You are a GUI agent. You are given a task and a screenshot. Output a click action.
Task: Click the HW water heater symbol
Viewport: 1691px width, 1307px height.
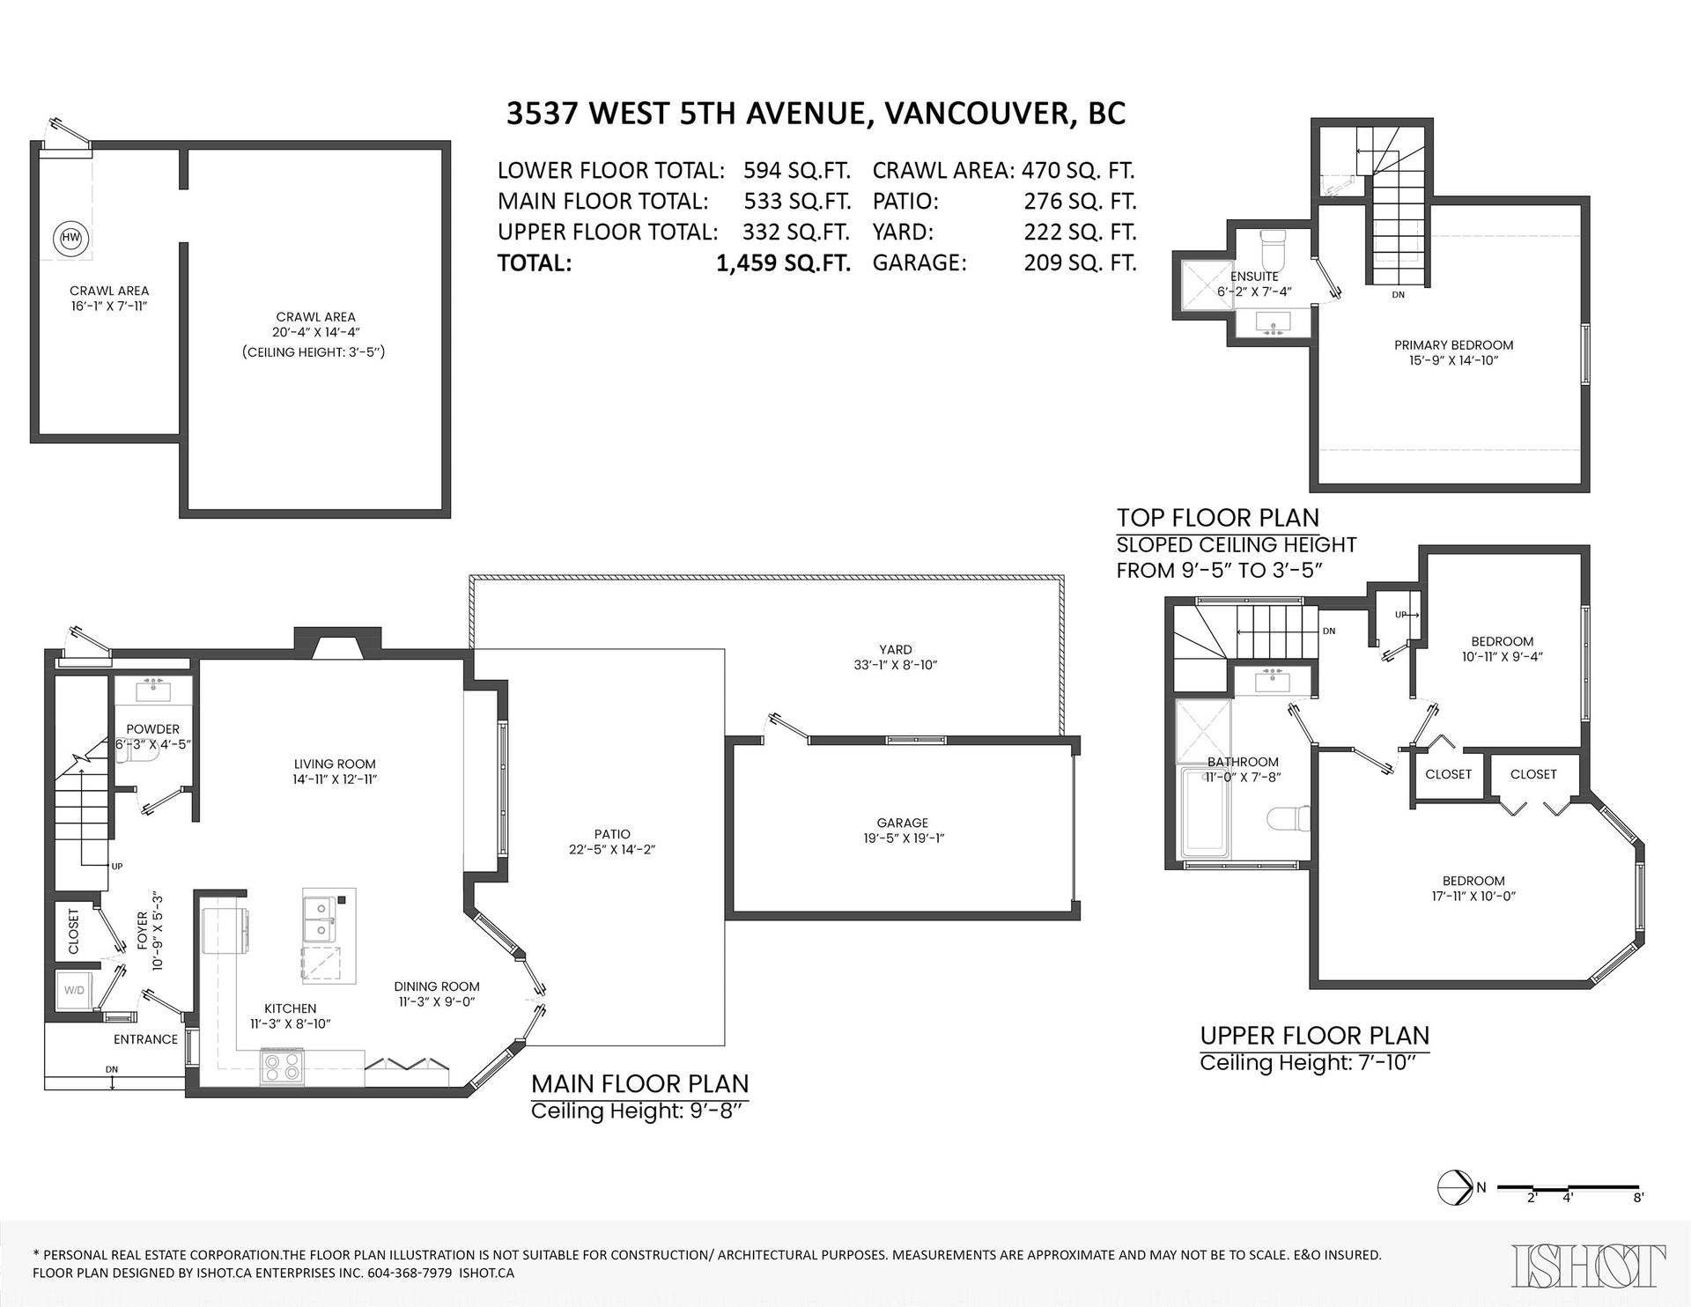70,237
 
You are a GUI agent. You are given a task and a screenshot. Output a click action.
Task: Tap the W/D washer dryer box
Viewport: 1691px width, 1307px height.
75,990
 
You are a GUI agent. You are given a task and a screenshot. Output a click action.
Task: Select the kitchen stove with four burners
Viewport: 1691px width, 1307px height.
282,1067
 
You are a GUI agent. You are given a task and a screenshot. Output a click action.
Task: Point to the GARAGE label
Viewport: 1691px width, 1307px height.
902,823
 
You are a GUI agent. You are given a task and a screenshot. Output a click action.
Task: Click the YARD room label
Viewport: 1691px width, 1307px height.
895,649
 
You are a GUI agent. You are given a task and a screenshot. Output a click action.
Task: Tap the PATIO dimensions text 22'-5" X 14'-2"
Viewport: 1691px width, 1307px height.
612,850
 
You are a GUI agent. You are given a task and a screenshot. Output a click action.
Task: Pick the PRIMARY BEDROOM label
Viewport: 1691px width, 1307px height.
1453,345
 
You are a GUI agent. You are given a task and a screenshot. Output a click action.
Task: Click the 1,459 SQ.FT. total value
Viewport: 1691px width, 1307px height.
783,263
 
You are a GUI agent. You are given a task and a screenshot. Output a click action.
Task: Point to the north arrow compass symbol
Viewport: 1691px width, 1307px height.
1454,1188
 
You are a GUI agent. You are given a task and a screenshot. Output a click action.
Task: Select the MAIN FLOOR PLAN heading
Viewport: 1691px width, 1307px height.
639,1083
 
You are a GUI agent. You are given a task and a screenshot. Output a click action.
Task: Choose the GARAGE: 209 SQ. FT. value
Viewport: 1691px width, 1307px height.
1080,262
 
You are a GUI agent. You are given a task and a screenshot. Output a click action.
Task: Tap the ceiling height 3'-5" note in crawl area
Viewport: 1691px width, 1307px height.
315,351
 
